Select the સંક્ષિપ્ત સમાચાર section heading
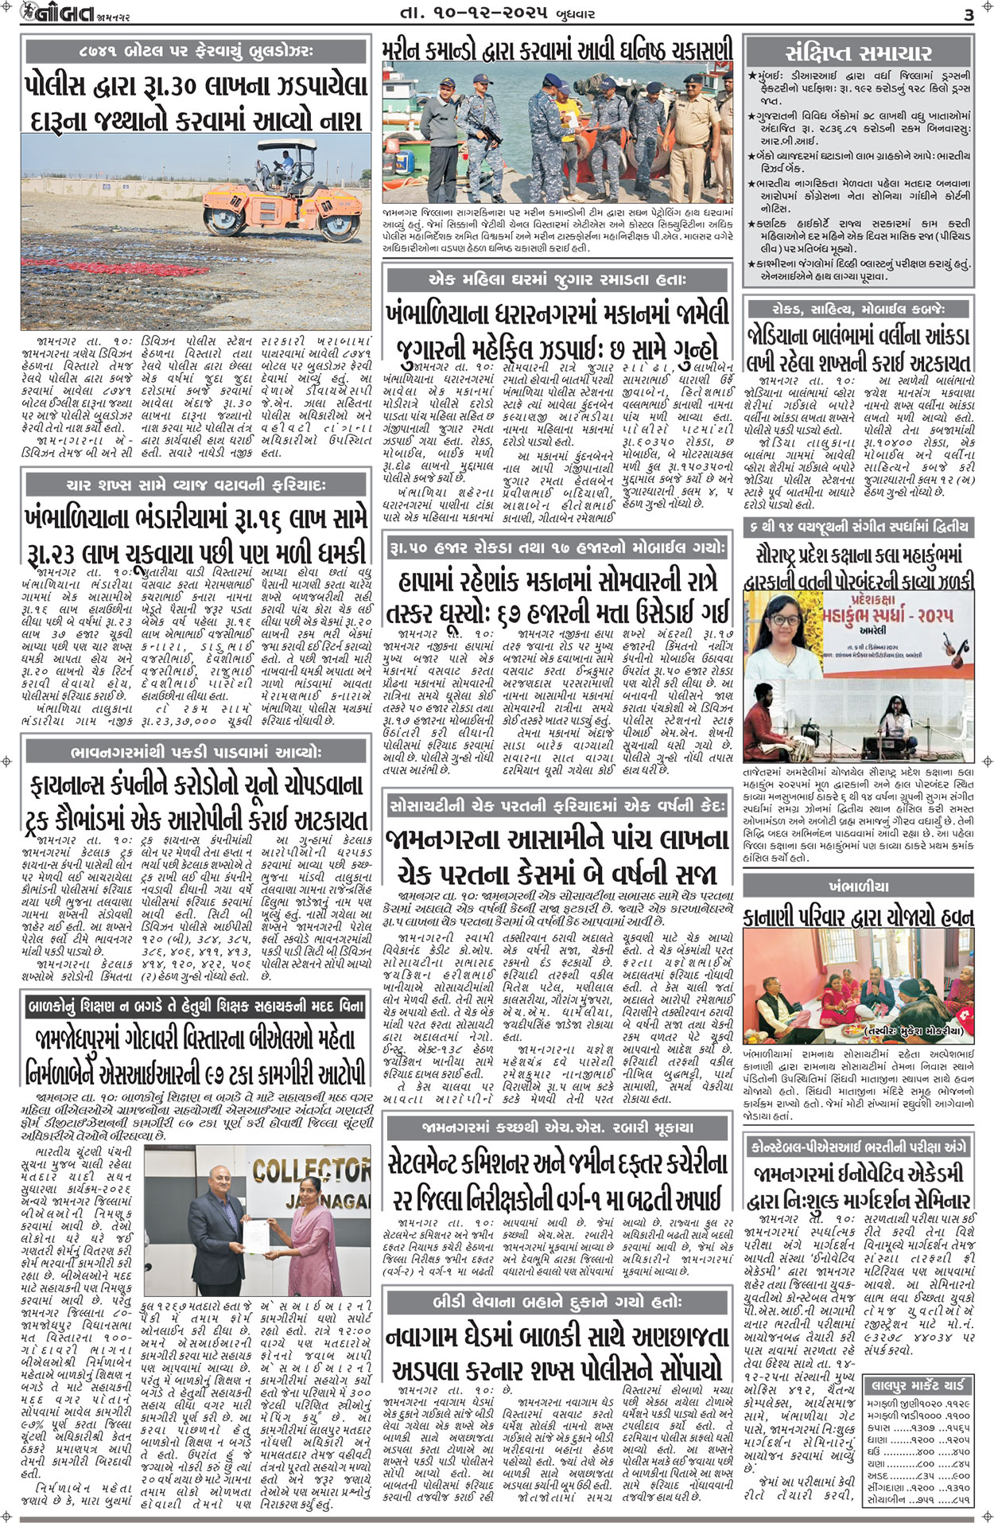pos(858,53)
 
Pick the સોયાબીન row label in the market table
pos(887,1500)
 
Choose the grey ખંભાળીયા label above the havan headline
pos(858,886)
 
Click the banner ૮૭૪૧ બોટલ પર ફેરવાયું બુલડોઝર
pos(196,51)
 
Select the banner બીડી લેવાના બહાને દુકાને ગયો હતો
pos(557,1303)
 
